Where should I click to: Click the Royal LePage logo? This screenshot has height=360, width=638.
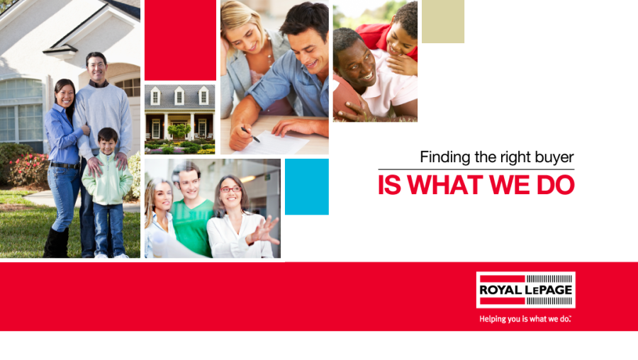coord(526,290)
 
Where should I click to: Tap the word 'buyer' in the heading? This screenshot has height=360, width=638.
coord(554,157)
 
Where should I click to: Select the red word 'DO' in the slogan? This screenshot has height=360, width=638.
coord(555,185)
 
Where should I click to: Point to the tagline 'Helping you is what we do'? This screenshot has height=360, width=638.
coord(525,319)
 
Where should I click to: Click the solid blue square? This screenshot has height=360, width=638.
coord(307,186)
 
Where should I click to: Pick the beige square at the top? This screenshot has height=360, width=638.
coord(442,21)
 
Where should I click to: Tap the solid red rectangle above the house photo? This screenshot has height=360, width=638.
coord(180,40)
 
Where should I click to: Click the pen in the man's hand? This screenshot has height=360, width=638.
coord(250,135)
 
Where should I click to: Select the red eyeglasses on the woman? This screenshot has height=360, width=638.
coord(230,189)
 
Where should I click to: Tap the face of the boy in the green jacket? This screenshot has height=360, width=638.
coord(108,142)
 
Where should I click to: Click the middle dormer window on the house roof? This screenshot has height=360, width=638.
coord(179,96)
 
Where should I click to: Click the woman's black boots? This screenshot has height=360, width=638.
coord(56,243)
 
